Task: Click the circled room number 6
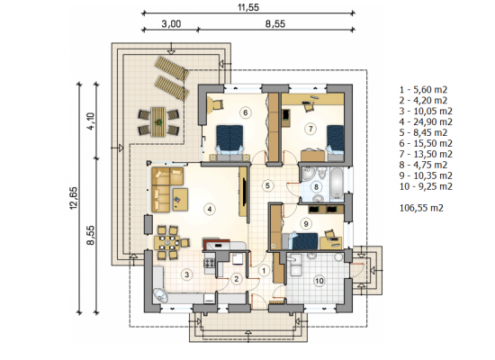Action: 246,112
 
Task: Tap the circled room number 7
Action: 310,129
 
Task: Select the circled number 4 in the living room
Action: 210,209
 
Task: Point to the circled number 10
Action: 319,281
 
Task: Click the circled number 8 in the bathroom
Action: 316,186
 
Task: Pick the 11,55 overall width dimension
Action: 248,7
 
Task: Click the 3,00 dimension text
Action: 171,24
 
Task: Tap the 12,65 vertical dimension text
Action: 73,198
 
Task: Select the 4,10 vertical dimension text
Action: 91,121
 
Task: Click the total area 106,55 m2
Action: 421,208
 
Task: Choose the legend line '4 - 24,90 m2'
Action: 426,121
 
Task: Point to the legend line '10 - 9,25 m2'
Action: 426,186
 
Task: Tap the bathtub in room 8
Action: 337,184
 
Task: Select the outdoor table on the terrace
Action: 158,121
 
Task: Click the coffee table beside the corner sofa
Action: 180,200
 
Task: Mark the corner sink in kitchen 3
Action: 160,295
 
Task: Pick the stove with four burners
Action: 211,263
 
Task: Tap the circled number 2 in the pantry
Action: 236,279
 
